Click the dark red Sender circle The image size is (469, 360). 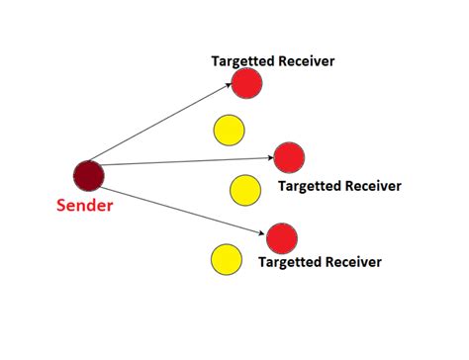pos(88,175)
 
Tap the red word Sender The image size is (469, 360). pos(83,206)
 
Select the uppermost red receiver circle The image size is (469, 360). pos(247,84)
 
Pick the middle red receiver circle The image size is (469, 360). pos(289,156)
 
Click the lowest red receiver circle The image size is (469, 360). pos(281,237)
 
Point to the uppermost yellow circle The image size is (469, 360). pos(229,129)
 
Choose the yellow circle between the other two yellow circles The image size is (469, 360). pos(244,189)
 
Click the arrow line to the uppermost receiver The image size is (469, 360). pos(163,127)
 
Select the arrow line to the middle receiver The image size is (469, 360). pos(188,161)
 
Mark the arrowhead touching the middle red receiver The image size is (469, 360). pos(270,157)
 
